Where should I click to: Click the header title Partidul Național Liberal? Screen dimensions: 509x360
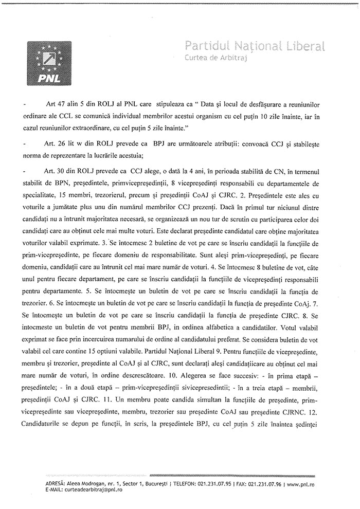point(255,47)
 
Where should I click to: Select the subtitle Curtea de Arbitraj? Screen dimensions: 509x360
point(216,59)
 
